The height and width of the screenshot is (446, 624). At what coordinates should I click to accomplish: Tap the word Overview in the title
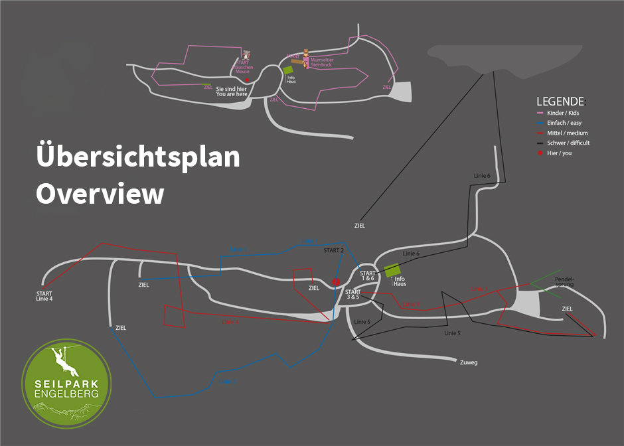click(x=100, y=194)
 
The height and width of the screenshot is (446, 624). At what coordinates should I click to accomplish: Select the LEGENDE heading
click(x=561, y=102)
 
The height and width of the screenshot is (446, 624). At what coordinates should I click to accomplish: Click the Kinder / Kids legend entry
click(x=564, y=113)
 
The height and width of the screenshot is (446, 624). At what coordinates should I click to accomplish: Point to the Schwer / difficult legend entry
click(x=568, y=143)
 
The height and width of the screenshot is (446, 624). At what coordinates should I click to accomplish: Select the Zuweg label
click(x=468, y=362)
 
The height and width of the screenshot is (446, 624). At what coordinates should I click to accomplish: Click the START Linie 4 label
click(x=44, y=296)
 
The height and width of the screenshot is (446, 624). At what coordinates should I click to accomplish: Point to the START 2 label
click(x=333, y=250)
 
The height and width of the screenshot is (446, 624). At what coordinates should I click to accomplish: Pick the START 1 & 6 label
click(x=367, y=276)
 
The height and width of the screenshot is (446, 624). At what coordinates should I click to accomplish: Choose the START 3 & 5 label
click(x=353, y=295)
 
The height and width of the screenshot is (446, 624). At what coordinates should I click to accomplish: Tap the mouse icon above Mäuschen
click(x=247, y=54)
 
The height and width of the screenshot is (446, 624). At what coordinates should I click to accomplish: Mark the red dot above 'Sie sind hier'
click(x=247, y=79)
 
